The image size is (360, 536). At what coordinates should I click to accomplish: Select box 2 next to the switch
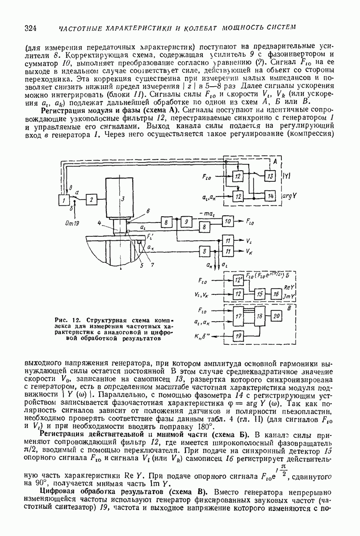pos(91,200)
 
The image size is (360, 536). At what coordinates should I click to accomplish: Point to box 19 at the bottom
pos(239,336)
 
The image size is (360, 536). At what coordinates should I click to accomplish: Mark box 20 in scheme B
pos(277,315)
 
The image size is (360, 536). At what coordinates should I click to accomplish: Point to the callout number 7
pos(152,264)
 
